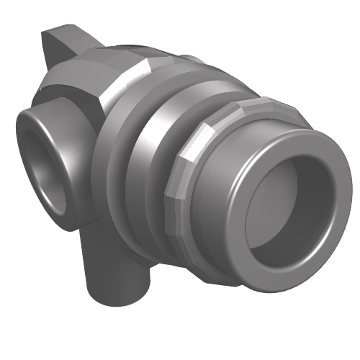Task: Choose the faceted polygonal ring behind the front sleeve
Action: [180, 187]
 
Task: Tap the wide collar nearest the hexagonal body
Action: [115, 151]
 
